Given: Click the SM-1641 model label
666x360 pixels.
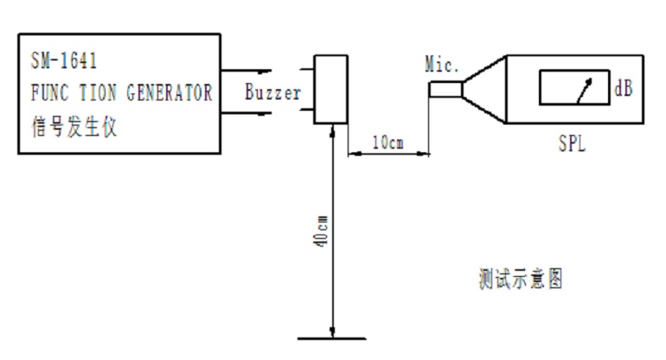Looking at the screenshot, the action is click(x=64, y=61).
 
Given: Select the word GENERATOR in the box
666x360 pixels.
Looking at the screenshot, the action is click(x=170, y=93).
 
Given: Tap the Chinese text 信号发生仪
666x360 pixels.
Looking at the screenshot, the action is click(x=74, y=126).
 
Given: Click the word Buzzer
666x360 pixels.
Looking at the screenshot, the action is click(x=273, y=92).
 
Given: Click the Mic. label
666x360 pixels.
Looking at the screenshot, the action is click(x=442, y=65).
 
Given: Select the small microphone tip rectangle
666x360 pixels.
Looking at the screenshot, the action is click(x=445, y=90).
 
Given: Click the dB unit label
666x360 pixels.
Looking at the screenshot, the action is click(x=623, y=88).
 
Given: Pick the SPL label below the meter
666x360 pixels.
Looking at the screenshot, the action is click(x=572, y=144).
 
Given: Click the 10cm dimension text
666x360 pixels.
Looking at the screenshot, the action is click(x=387, y=143).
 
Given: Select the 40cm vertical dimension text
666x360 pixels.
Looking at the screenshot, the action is click(x=322, y=231).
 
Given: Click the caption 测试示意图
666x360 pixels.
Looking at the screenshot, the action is click(x=521, y=279).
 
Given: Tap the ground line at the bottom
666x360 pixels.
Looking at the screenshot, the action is click(x=332, y=338).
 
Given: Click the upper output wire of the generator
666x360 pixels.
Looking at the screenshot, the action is click(x=247, y=71).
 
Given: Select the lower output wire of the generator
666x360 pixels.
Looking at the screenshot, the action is click(x=247, y=113).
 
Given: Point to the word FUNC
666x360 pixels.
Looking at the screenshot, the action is click(x=49, y=93).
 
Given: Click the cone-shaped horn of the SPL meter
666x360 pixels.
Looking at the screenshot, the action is click(x=484, y=89).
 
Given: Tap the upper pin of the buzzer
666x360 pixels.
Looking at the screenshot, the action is click(x=307, y=68).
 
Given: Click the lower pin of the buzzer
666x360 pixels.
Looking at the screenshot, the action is click(x=307, y=110).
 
